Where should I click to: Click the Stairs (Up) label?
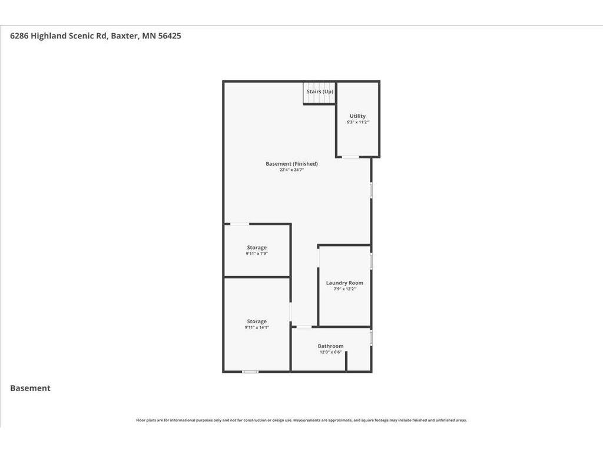point(320,91)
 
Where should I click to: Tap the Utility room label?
point(357,116)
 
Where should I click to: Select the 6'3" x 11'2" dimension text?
point(357,122)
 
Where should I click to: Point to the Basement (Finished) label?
point(292,164)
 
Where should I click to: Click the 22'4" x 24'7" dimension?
point(292,170)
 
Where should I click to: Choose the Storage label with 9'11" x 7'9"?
point(257,247)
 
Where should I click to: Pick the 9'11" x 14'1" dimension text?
point(257,327)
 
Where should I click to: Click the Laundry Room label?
point(344,283)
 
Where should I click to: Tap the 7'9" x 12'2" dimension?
point(344,289)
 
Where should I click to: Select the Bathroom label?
point(331,346)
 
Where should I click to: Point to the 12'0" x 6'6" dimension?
point(331,352)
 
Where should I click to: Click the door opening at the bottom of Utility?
point(351,157)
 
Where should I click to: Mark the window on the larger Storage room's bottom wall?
point(250,372)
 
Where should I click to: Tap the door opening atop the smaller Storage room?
point(239,224)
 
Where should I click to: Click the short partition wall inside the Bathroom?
point(346,362)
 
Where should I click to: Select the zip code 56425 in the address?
point(170,36)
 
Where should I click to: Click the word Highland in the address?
point(48,36)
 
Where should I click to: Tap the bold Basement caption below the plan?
point(31,388)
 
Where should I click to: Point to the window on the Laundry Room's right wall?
point(371,261)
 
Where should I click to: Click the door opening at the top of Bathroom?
point(304,327)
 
